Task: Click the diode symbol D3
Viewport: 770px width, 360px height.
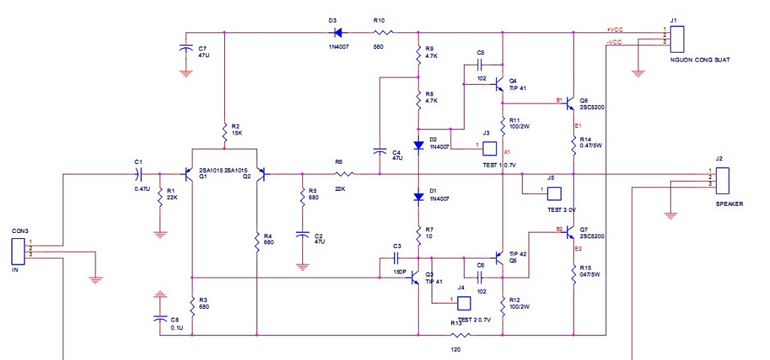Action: click(x=338, y=33)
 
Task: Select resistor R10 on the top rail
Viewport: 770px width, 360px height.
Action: click(x=383, y=33)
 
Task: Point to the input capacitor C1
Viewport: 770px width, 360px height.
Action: click(x=138, y=174)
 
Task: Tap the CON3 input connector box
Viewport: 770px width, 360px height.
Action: click(x=18, y=252)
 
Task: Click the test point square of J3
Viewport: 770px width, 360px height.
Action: click(x=489, y=149)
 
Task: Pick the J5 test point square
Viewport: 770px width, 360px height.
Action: click(x=555, y=193)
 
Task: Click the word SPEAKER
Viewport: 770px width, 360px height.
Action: click(x=729, y=204)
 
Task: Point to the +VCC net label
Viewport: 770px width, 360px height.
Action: click(x=615, y=30)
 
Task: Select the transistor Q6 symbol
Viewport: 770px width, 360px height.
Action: click(x=570, y=103)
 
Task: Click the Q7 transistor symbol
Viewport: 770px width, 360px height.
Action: click(x=570, y=231)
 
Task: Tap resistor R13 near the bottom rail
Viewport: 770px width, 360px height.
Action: click(x=461, y=335)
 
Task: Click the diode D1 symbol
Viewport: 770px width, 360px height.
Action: click(x=418, y=196)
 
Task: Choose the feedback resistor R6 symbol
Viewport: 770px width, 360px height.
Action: click(x=344, y=174)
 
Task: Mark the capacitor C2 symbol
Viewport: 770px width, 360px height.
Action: click(x=302, y=235)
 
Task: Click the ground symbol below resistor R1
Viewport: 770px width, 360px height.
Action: click(x=159, y=234)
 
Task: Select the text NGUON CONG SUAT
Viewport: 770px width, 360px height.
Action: click(x=699, y=60)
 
